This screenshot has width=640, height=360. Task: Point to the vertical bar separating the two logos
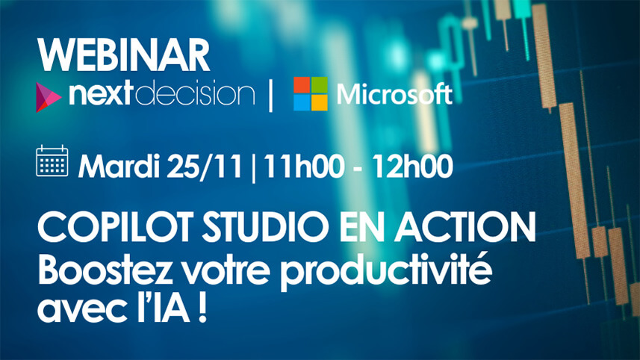tap(270, 96)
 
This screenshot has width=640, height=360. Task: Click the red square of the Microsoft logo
tap(301, 85)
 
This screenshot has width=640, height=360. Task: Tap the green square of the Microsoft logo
tap(319, 85)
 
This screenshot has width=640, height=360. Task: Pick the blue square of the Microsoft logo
tap(301, 103)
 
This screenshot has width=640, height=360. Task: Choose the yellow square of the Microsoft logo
tap(319, 103)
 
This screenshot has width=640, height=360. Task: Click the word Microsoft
tap(394, 95)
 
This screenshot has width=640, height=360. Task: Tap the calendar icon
tap(52, 162)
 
